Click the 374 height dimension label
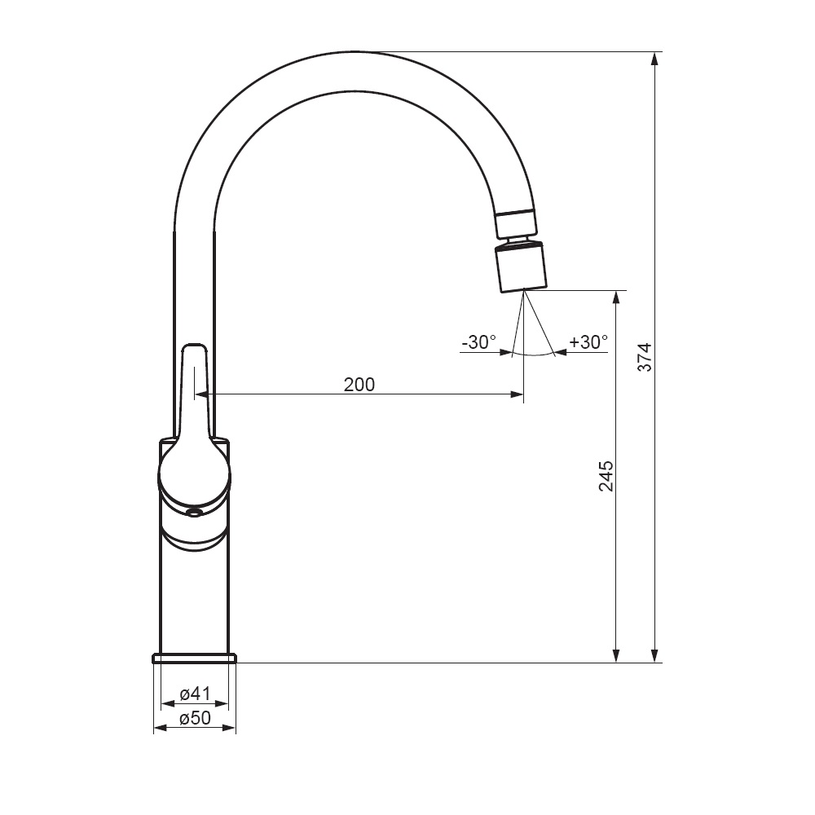point(645,357)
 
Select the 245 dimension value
point(606,476)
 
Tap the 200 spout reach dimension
point(359,385)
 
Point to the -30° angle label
point(478,342)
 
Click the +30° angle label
point(588,342)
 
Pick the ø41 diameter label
point(195,694)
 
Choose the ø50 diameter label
point(195,718)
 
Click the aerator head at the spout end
point(521,268)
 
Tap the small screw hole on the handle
point(195,513)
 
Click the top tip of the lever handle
point(194,343)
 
